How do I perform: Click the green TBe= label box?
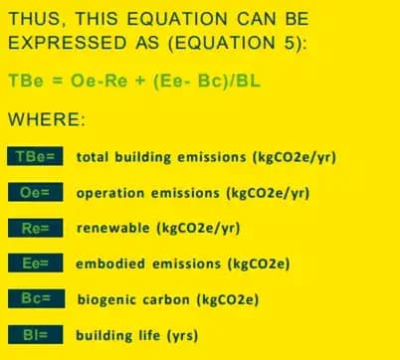36,157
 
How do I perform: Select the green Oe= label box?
36,193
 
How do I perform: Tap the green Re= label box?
36,229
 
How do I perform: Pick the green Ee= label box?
36,264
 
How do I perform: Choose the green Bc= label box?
36,298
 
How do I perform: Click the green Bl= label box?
36,334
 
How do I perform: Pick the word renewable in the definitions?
112,229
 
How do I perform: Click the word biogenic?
106,298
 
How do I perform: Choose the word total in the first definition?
93,157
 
